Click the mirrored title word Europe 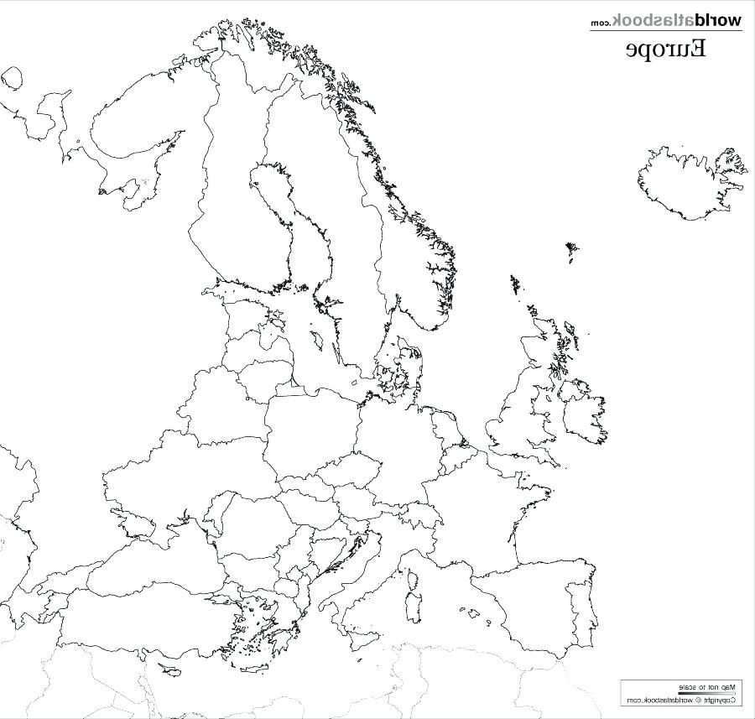click(665, 49)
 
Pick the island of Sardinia click(413, 608)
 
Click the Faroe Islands click(571, 251)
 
